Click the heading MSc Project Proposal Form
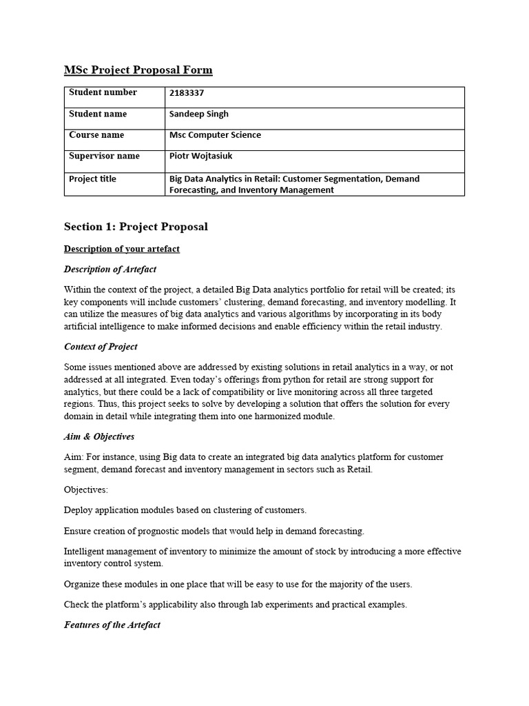[138, 70]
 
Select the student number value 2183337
[187, 93]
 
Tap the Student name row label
[97, 114]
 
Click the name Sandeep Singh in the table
[198, 114]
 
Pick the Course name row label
[96, 135]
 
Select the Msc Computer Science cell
[215, 135]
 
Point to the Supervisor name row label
[103, 156]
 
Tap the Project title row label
[92, 179]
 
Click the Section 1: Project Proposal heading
[136, 226]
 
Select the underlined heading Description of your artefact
[122, 249]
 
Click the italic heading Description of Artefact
[110, 269]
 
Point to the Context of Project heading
[101, 346]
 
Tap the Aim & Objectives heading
[99, 436]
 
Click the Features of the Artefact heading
[112, 625]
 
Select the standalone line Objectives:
[86, 490]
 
